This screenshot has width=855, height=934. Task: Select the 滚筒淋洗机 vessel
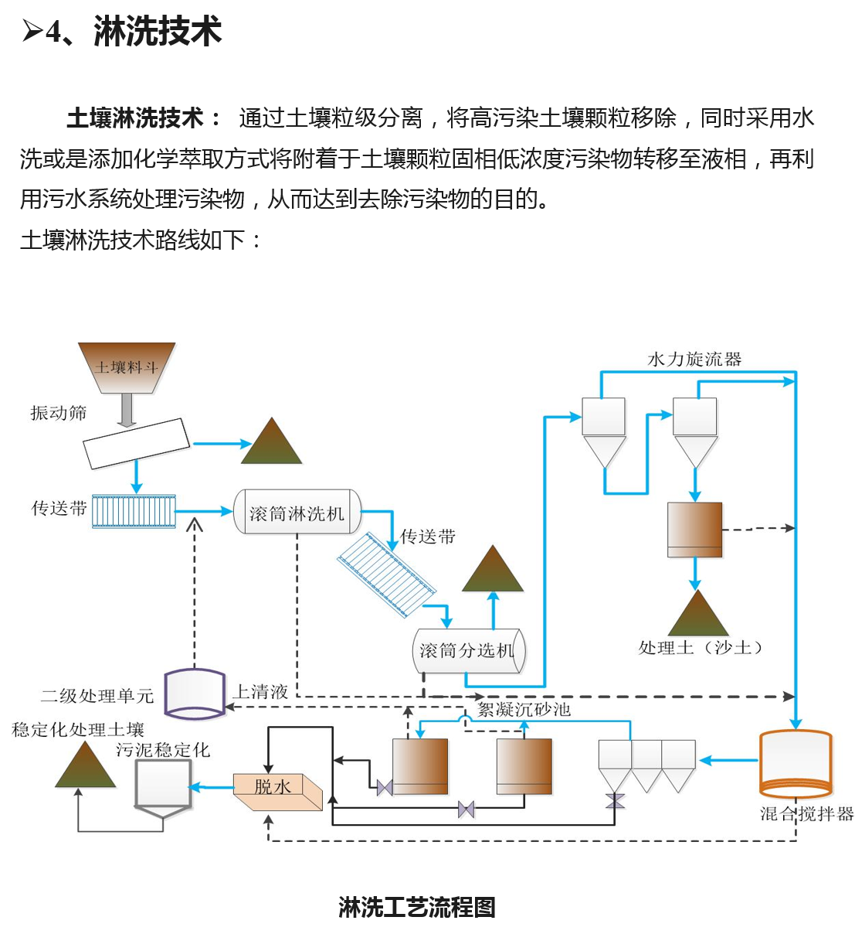pos(297,512)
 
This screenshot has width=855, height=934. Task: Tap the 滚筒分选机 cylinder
pos(468,650)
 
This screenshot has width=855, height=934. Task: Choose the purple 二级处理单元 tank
pos(195,693)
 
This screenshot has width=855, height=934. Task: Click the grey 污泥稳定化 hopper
pos(163,785)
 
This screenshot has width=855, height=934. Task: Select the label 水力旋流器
pos(694,360)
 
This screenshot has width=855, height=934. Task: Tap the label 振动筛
pos(59,413)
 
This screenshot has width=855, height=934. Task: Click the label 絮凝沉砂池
pos(524,709)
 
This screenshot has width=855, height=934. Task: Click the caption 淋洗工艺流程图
pos(417,907)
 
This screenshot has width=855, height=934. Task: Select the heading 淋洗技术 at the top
pos(158,32)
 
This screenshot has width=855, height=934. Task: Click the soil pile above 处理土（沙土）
pos(698,615)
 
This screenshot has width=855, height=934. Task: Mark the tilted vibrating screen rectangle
pos(137,443)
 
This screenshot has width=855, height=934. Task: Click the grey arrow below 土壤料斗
pos(127,410)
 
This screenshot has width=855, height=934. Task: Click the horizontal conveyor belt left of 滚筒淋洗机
pos(134,511)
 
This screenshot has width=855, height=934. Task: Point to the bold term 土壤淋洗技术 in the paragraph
pos(134,118)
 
